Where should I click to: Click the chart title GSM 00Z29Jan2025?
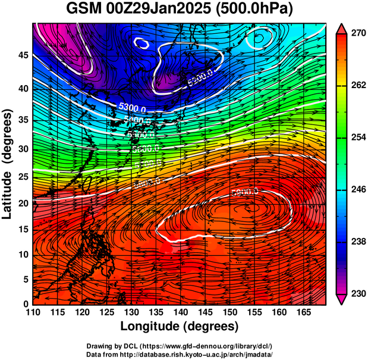(184, 9)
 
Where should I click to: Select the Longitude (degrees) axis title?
(180, 326)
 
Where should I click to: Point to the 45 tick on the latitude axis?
(22, 55)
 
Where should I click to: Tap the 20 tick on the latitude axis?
(22, 203)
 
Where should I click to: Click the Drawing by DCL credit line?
(180, 346)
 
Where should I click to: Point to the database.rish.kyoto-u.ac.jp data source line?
(180, 354)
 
